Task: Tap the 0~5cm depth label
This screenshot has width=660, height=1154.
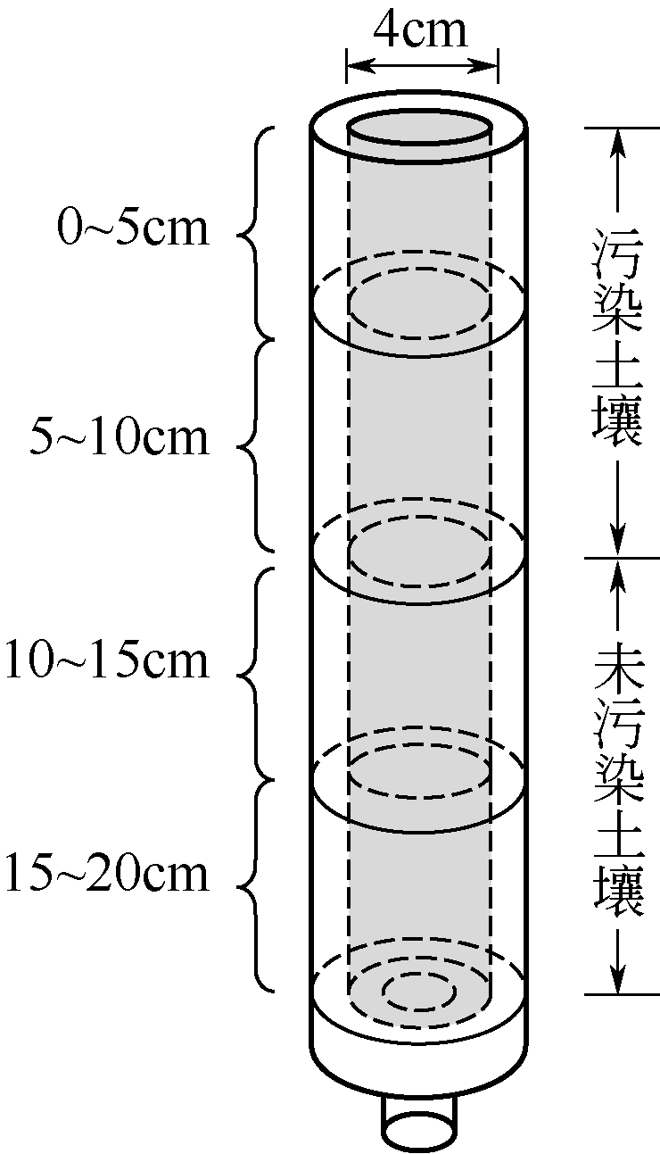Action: click(x=132, y=228)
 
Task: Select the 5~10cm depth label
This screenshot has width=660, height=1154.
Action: click(x=120, y=439)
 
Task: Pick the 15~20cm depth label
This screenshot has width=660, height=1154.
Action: click(x=107, y=875)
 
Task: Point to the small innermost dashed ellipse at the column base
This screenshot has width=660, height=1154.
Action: click(x=418, y=989)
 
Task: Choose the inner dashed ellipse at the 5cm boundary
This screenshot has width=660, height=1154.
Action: click(x=418, y=309)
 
